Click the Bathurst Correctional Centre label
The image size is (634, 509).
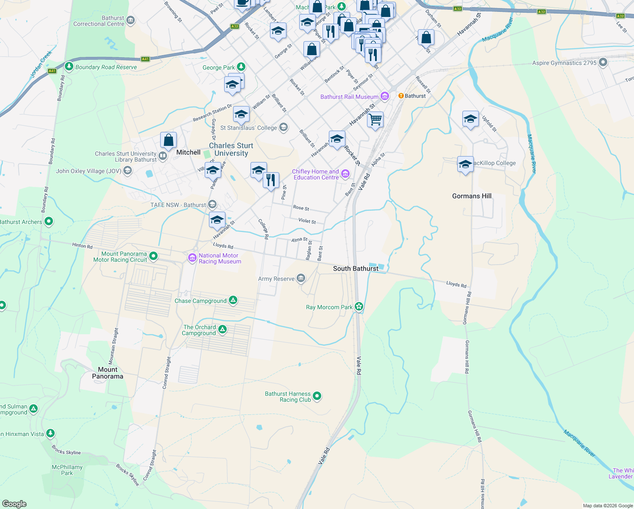(x=99, y=21)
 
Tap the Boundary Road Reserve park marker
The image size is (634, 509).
(x=69, y=67)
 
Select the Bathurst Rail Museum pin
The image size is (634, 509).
(x=384, y=96)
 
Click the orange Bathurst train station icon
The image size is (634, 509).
(x=400, y=96)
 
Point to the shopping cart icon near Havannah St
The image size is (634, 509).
(x=375, y=120)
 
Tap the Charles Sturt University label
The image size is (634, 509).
(x=231, y=149)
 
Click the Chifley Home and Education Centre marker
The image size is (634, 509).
(x=345, y=173)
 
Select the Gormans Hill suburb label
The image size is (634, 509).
(x=472, y=196)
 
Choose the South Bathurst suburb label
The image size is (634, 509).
(x=356, y=268)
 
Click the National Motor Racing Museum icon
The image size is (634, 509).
(x=192, y=257)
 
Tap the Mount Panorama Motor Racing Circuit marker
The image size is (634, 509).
(x=153, y=256)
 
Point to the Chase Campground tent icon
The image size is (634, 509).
(x=233, y=300)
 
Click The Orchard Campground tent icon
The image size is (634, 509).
(x=222, y=330)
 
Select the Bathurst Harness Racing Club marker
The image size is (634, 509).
(x=317, y=396)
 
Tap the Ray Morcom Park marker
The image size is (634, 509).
(x=359, y=306)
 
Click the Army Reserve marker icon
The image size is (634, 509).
(x=300, y=278)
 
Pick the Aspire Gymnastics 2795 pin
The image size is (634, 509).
(x=603, y=63)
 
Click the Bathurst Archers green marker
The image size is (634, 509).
(x=49, y=221)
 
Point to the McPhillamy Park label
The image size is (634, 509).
(x=67, y=470)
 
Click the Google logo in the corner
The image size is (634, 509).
(x=14, y=503)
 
